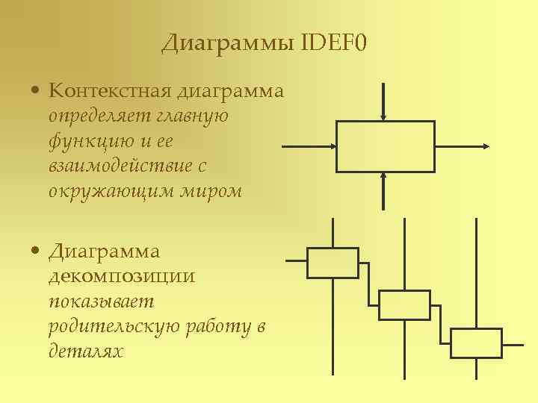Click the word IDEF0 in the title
click(335, 44)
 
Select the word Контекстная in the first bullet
click(111, 92)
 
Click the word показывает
click(101, 301)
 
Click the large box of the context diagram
click(385, 146)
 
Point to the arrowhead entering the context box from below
click(383, 176)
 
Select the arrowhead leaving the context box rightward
click(486, 146)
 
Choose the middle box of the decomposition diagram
click(404, 304)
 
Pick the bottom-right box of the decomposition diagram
click(476, 343)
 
